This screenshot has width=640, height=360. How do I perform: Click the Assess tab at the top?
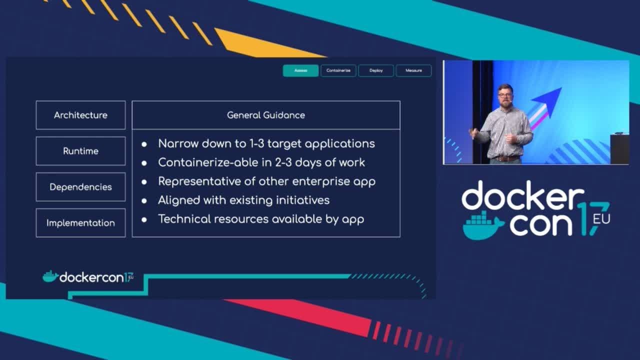[x=300, y=70]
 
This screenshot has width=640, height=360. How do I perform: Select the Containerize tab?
[x=338, y=70]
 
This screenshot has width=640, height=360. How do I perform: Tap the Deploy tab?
[x=376, y=70]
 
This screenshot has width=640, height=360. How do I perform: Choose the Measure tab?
[x=413, y=70]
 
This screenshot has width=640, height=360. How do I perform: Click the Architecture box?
[x=80, y=115]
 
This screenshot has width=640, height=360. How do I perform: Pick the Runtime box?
[x=80, y=151]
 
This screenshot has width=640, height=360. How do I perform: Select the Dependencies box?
[x=80, y=187]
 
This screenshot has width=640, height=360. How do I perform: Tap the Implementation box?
[x=80, y=223]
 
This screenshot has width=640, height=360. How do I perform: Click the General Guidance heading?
[x=265, y=115]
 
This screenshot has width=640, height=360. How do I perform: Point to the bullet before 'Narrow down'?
[x=144, y=144]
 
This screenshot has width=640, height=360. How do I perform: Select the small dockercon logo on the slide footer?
[x=88, y=277]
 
